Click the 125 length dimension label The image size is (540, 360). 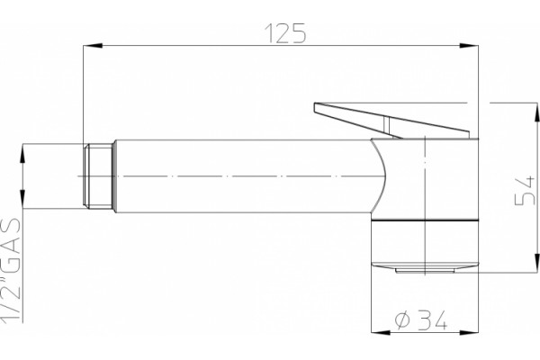[285, 33]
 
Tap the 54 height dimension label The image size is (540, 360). [526, 191]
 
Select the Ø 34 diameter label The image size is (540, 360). [421, 319]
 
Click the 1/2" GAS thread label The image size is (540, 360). [11, 270]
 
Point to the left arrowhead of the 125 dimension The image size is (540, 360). [93, 46]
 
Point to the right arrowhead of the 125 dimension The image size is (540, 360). [469, 46]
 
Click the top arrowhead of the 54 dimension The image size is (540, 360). [536, 112]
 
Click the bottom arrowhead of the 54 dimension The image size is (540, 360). [536, 264]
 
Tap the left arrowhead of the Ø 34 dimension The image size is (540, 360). [381, 333]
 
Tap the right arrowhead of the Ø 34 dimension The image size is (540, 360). [469, 333]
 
